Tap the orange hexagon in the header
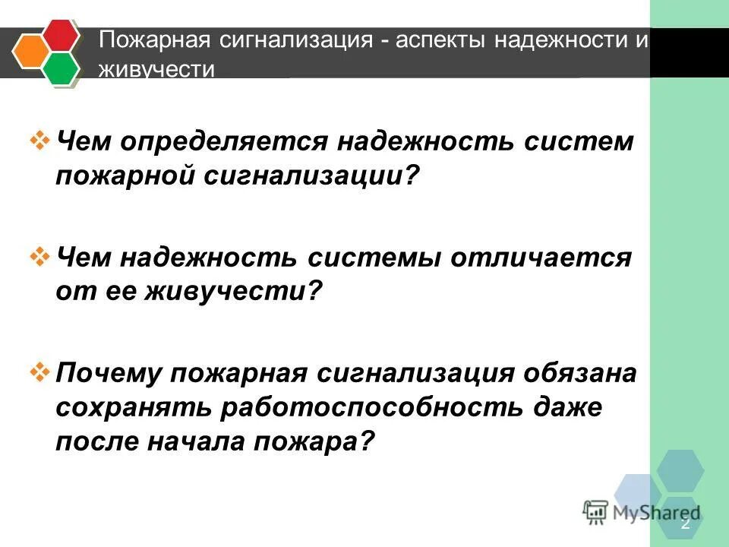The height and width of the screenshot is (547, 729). (x=30, y=52)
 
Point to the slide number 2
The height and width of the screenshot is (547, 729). (x=686, y=524)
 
